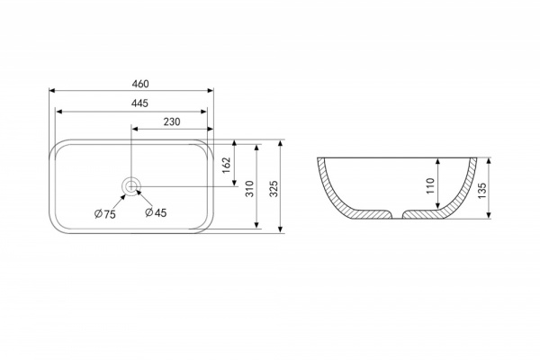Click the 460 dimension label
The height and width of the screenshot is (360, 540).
tap(140, 84)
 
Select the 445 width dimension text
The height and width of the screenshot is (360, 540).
tap(139, 103)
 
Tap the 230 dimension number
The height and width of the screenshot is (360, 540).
tap(172, 121)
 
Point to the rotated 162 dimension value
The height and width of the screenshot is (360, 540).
tap(226, 166)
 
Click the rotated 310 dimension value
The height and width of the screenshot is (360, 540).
tap(250, 189)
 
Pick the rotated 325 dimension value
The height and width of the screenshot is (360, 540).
tap(274, 189)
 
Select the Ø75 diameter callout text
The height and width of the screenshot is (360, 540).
tap(105, 214)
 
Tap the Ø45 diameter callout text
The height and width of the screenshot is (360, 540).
tap(156, 212)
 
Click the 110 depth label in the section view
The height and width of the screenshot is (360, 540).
tap(431, 185)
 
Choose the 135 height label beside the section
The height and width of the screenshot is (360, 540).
tap(482, 191)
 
